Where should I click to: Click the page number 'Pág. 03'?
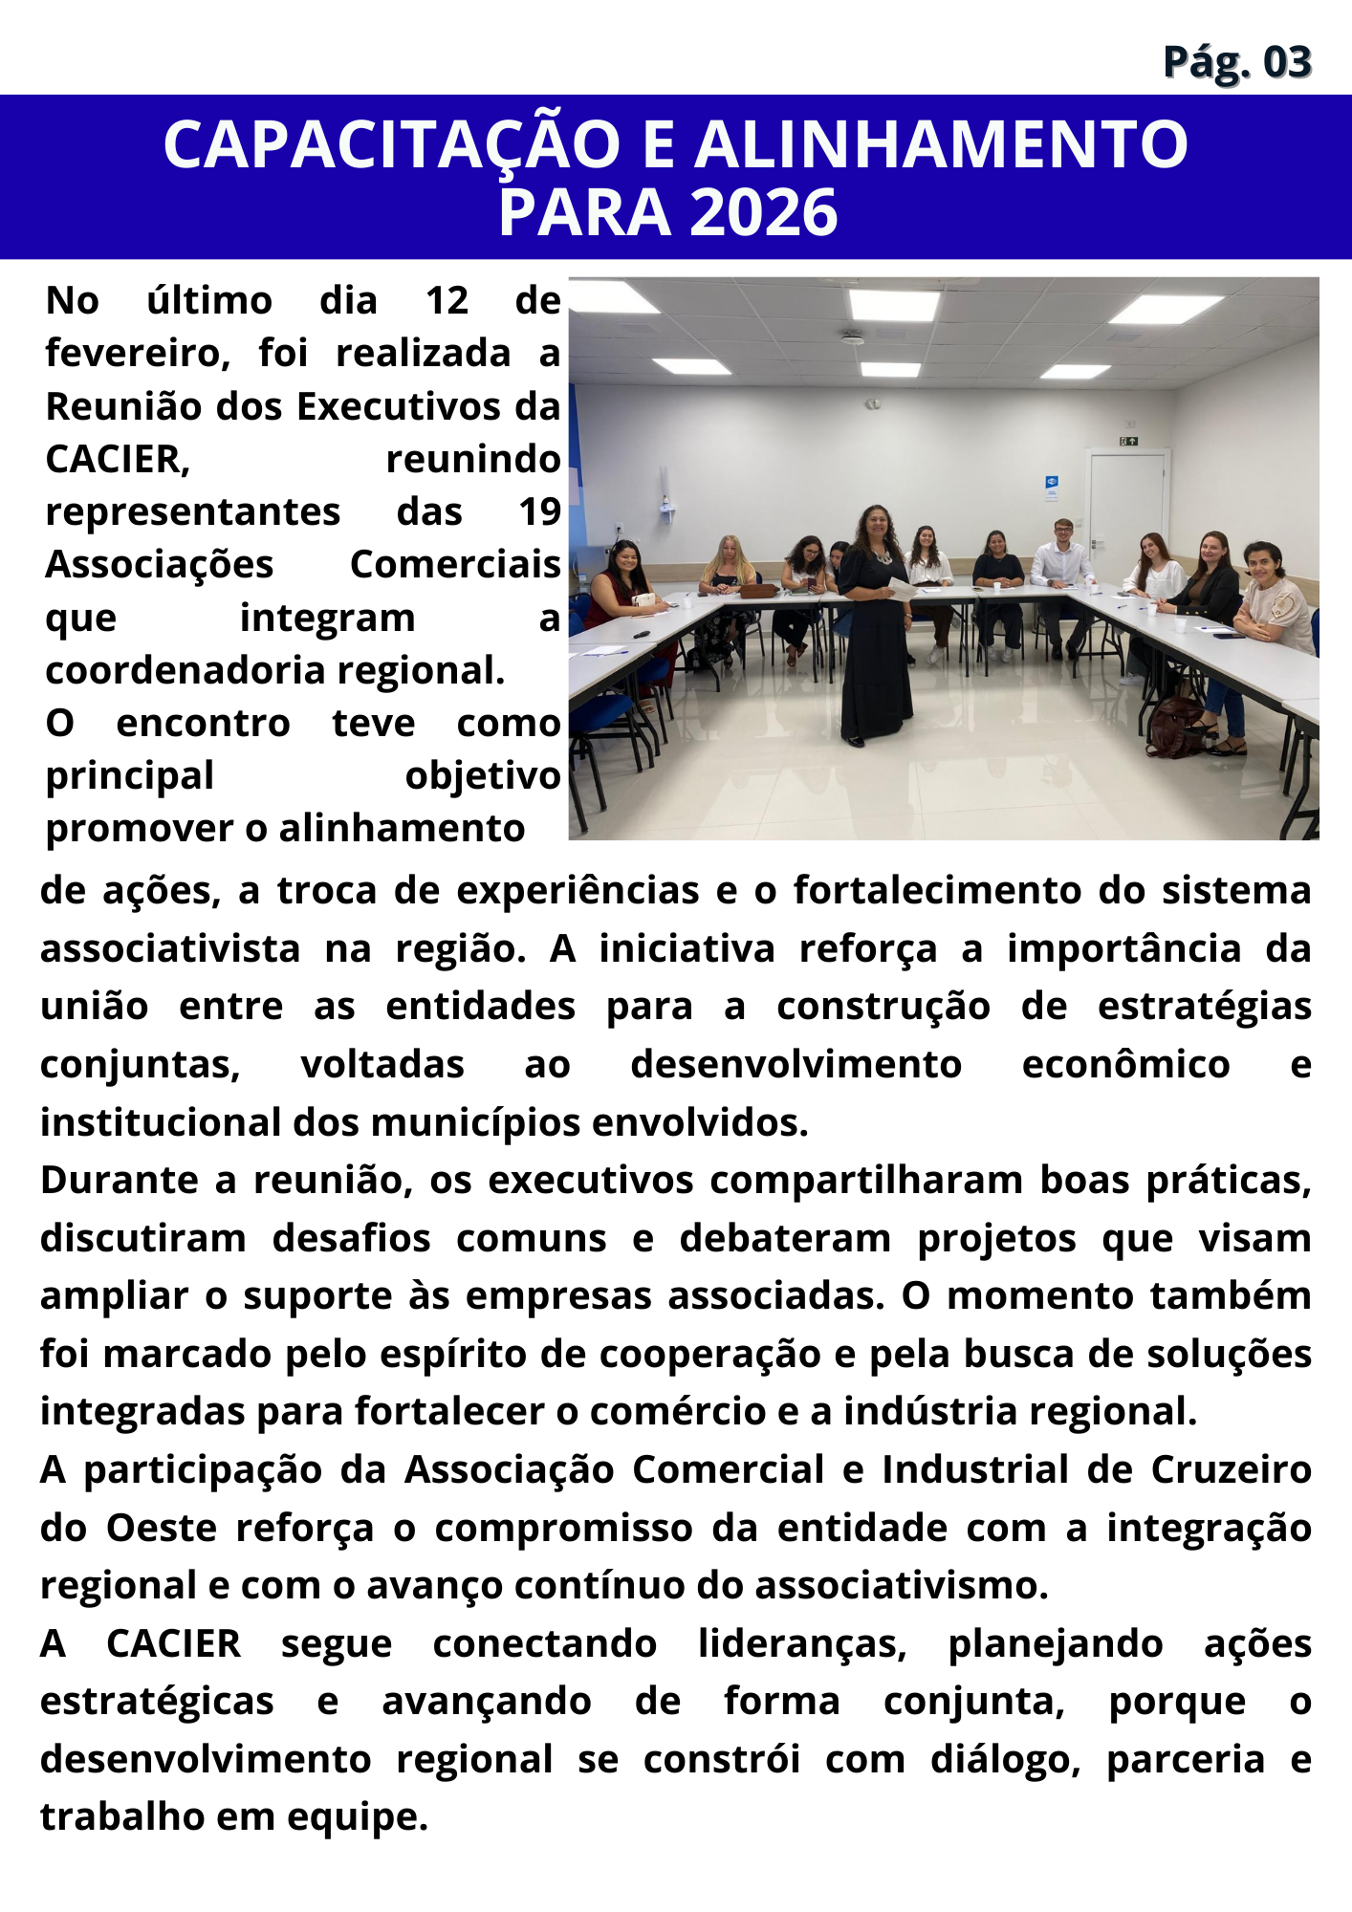pos(1236,62)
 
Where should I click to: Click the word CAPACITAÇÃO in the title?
pos(392,145)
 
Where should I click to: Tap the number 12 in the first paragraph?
pos(447,301)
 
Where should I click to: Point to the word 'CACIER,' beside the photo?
pos(118,460)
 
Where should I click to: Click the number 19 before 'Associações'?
pos(539,512)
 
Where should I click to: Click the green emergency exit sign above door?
pos(1129,442)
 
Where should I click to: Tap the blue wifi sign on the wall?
pos(1052,484)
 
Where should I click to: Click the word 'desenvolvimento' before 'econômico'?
pos(796,1065)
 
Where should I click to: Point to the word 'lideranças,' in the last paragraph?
pos(801,1644)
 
